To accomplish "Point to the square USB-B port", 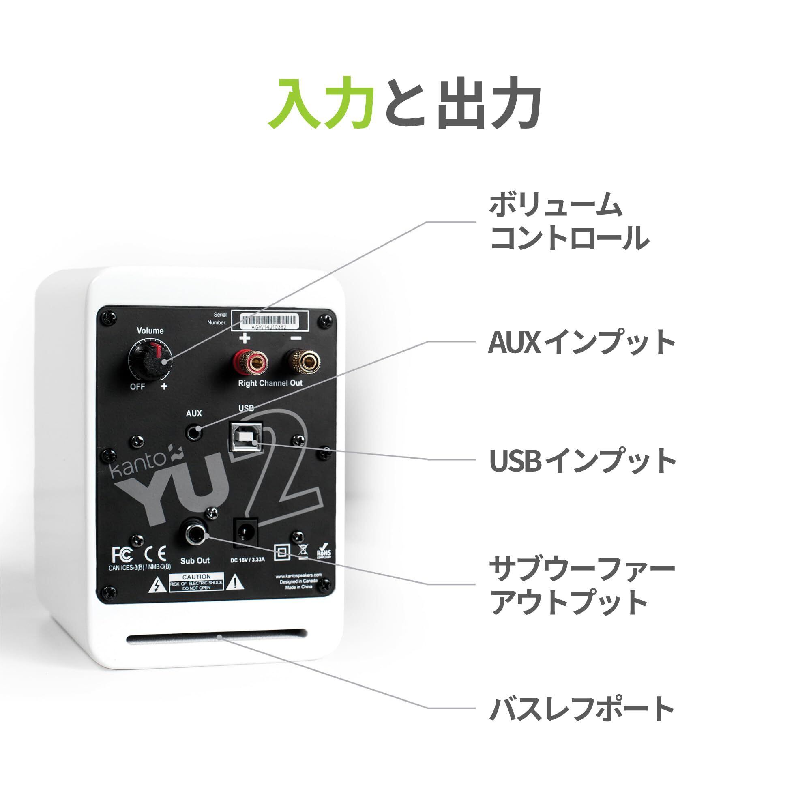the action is click(245, 438).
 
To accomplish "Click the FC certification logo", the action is click(122, 554).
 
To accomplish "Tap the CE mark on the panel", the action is click(155, 554).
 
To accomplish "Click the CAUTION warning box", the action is click(196, 583).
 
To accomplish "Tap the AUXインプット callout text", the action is click(581, 342).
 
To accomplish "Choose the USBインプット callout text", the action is click(582, 460).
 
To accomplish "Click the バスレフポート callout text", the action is click(581, 708).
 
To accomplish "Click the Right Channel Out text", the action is click(270, 383).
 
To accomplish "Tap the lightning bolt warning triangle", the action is click(157, 584).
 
